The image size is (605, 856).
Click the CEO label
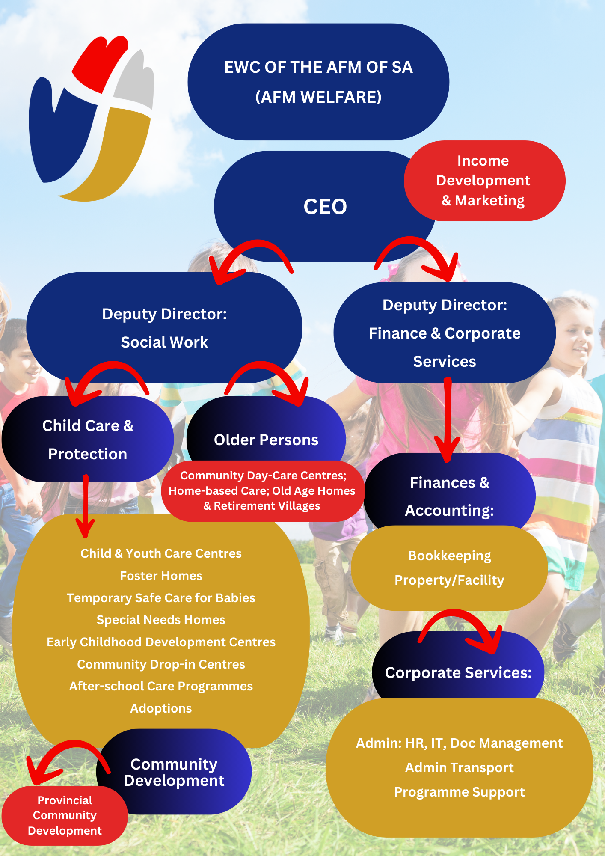tap(325, 207)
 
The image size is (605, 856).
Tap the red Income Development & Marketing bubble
tap(483, 181)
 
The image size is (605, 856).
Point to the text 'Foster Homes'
tap(161, 576)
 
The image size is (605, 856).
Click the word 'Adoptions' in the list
tap(161, 708)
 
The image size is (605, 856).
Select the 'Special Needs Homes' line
tap(161, 620)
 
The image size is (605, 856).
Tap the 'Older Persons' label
tap(266, 440)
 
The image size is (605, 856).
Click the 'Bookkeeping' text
tap(449, 556)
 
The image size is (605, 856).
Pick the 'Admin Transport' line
tap(459, 767)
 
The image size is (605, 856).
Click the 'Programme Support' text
tap(459, 792)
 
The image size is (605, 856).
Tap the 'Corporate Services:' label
tap(458, 673)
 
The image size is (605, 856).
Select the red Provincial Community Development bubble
tap(65, 815)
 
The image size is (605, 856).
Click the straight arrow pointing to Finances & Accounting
tap(448, 419)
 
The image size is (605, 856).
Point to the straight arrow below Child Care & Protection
tap(86, 505)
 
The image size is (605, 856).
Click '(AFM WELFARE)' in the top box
tap(318, 97)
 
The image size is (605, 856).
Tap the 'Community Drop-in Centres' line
tap(161, 664)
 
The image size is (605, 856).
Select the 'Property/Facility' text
tap(449, 580)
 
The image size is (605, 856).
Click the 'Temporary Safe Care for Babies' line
tap(161, 598)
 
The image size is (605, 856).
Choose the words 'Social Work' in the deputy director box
tap(164, 342)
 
